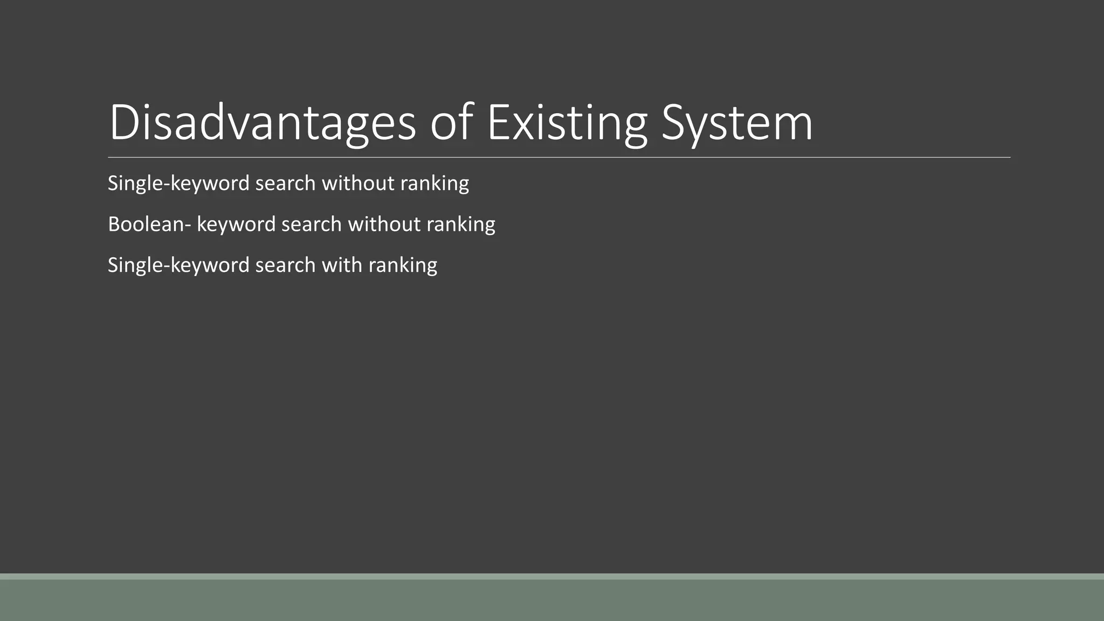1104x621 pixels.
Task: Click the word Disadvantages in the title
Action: (x=263, y=123)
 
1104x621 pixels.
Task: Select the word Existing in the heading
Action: (x=567, y=123)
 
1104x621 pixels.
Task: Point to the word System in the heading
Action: (x=737, y=123)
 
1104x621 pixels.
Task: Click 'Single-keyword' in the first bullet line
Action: (x=178, y=183)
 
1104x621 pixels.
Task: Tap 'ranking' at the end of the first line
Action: (x=434, y=183)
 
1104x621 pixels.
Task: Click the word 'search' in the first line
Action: (x=285, y=183)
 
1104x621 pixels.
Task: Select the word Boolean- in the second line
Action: (x=149, y=224)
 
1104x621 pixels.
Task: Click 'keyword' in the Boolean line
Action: (x=236, y=224)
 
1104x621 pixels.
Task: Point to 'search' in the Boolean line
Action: (x=312, y=224)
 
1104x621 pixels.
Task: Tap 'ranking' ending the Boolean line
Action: (x=461, y=224)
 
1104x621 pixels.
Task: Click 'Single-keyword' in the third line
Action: (x=178, y=265)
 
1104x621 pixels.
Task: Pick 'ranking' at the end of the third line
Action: (x=403, y=265)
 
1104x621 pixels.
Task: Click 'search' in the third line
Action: (x=285, y=265)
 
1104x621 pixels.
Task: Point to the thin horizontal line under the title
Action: (x=559, y=157)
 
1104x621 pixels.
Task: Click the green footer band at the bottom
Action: (x=552, y=599)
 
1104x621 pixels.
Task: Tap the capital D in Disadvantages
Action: (x=123, y=123)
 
